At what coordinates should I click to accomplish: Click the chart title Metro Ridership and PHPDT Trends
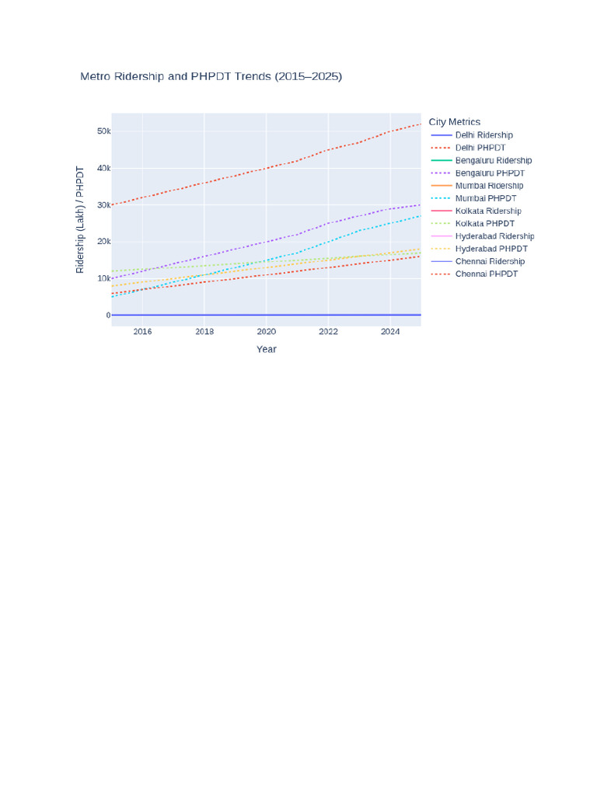[x=211, y=77]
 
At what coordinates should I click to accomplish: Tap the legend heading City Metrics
[x=454, y=122]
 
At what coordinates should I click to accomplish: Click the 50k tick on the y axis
[x=104, y=131]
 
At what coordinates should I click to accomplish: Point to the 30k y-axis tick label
[x=104, y=205]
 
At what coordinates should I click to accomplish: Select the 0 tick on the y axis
[x=108, y=316]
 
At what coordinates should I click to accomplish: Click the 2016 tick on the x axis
[x=143, y=331]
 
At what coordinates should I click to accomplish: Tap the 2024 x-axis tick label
[x=390, y=331]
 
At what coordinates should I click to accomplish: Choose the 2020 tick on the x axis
[x=267, y=331]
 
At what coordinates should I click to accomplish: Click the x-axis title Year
[x=267, y=349]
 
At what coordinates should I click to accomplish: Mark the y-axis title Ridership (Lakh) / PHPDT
[x=80, y=219]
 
